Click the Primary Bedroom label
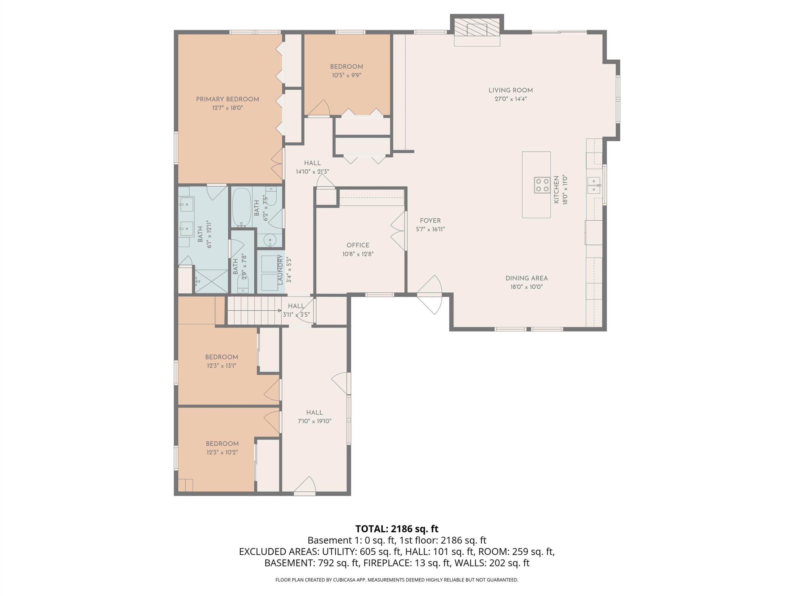227,99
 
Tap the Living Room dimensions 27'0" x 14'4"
511,99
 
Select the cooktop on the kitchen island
542,185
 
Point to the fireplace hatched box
477,27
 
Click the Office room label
358,245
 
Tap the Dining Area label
527,278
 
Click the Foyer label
430,221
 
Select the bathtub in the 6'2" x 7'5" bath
241,208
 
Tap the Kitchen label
556,190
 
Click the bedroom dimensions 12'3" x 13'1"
221,366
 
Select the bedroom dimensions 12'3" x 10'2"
222,452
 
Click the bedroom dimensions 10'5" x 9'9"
346,75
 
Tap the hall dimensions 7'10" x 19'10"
314,421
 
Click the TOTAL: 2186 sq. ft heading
397,529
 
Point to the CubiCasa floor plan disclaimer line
397,580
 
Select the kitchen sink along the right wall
594,185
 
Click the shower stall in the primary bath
211,281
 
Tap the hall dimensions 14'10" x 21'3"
312,172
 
